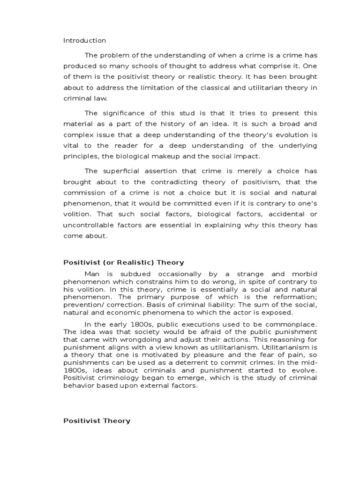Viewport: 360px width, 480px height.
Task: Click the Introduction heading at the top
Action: [x=84, y=40]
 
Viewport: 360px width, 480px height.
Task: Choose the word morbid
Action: [x=301, y=274]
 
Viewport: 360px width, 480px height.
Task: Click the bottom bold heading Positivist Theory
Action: [x=97, y=421]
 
